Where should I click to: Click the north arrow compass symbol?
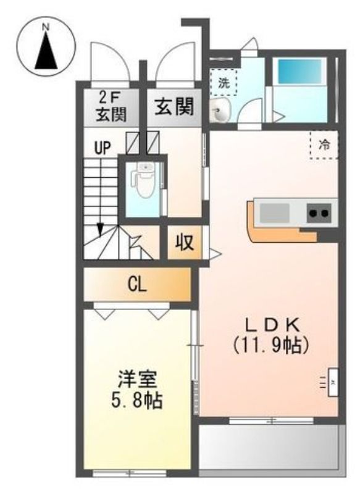[46, 46]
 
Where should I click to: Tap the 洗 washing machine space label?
[224, 83]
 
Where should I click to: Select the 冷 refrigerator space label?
[324, 145]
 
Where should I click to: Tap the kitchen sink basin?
[274, 212]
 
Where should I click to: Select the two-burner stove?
[319, 213]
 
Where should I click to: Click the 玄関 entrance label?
[174, 106]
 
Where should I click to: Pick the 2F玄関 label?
[111, 107]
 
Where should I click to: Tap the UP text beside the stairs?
[103, 148]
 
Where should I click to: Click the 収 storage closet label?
[184, 242]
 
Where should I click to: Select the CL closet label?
[137, 285]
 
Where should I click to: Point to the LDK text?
[272, 325]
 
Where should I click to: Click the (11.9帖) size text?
[271, 345]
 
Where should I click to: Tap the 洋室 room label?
[138, 379]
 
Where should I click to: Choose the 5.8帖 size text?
[136, 400]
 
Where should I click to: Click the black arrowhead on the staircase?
[100, 229]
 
